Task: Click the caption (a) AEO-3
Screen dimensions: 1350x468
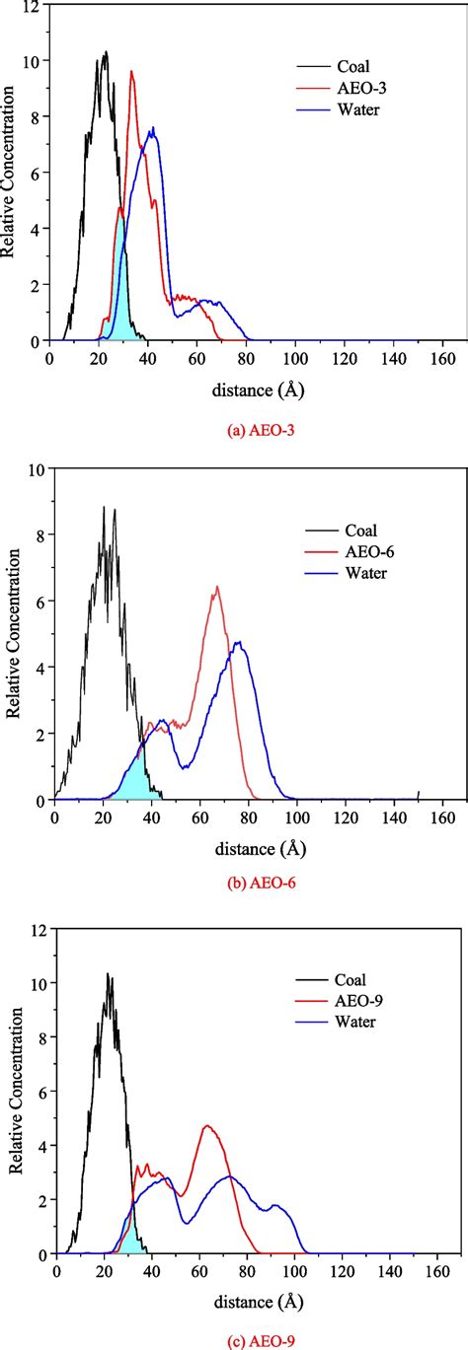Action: (x=258, y=431)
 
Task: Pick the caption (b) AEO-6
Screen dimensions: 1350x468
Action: (x=258, y=883)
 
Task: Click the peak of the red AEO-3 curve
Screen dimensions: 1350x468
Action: (x=131, y=71)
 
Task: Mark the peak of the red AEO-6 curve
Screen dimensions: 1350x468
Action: (x=216, y=587)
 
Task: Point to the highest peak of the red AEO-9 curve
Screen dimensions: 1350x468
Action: (x=207, y=1126)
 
